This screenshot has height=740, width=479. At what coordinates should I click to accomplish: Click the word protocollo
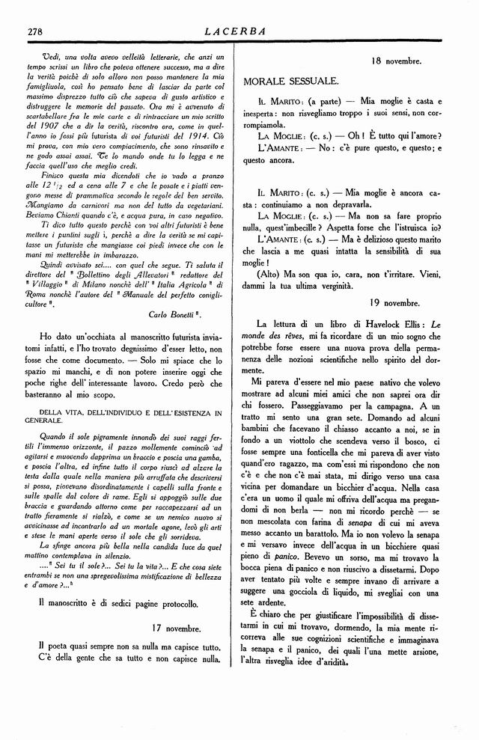(172, 602)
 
